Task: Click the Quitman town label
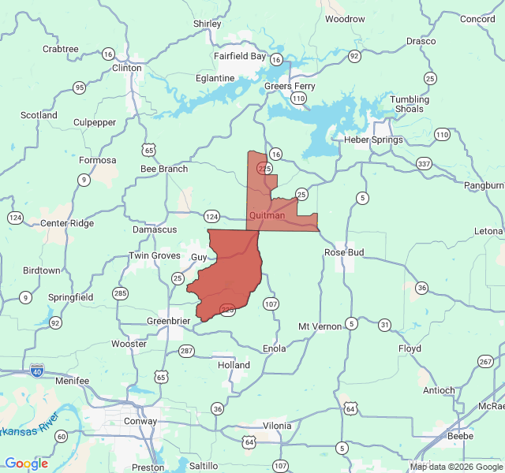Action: tap(267, 215)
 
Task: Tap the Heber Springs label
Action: tap(373, 140)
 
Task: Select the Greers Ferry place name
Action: tap(290, 86)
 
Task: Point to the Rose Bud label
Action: tap(344, 252)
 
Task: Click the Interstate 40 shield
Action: tap(37, 370)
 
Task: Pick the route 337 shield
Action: tap(424, 164)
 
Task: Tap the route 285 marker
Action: tap(120, 294)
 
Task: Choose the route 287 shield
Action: tap(186, 351)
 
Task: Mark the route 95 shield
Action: tap(79, 88)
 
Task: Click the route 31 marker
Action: tap(384, 325)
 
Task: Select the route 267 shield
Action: tap(484, 361)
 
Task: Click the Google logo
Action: tap(26, 464)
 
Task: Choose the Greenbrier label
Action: tap(168, 321)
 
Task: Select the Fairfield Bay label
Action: tap(240, 56)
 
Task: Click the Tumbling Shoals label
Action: tap(410, 104)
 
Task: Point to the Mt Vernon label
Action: tap(320, 326)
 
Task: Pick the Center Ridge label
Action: tap(67, 223)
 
